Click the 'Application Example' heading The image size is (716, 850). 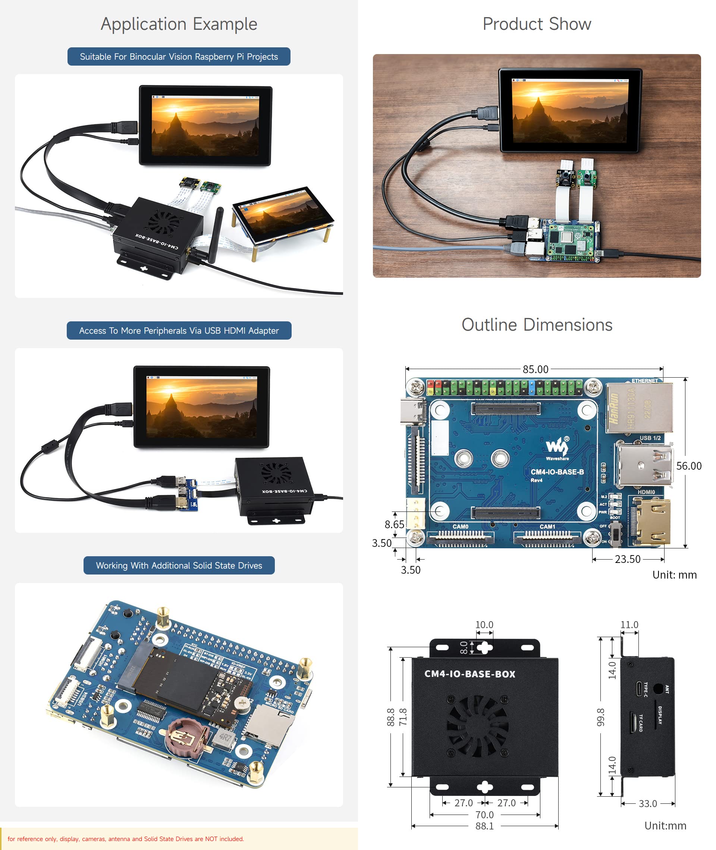179,24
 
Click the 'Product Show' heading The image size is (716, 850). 537,24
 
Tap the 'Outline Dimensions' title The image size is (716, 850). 537,325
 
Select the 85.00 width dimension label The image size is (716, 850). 535,369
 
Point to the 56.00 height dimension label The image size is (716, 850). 688,466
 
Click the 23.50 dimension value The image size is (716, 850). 627,559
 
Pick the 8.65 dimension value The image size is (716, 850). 394,524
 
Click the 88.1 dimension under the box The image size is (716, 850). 484,826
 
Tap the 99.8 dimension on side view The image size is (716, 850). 601,717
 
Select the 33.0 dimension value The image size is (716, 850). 647,803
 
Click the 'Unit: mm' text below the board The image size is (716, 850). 674,574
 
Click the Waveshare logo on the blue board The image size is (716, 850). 557,448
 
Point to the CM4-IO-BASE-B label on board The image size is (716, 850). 557,472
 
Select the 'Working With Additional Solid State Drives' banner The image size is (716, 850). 179,565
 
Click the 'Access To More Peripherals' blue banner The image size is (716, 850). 179,330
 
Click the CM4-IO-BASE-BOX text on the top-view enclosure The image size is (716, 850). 470,674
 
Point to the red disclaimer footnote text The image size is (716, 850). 126,839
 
